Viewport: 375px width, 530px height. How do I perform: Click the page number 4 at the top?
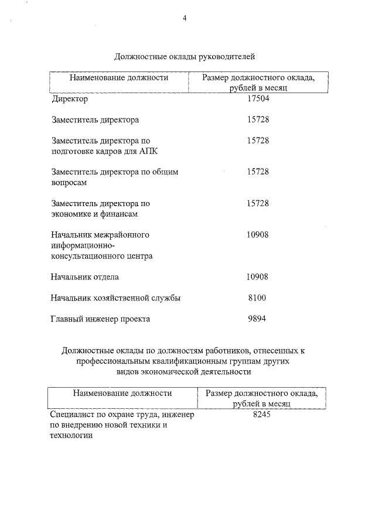(x=185, y=18)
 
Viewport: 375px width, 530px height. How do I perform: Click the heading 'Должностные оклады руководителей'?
(x=185, y=57)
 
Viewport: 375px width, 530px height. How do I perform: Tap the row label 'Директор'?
(x=70, y=99)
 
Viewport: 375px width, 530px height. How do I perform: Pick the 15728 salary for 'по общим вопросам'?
(x=257, y=172)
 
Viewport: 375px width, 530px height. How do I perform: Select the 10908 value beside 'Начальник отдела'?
(x=257, y=276)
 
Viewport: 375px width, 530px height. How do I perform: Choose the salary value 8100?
(x=257, y=298)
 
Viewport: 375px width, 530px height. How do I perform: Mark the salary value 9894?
(x=257, y=319)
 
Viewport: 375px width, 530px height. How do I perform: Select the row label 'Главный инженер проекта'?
(x=101, y=319)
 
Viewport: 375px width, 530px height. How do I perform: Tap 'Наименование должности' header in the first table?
(x=119, y=77)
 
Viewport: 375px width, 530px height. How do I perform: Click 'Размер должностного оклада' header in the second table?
(x=261, y=393)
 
